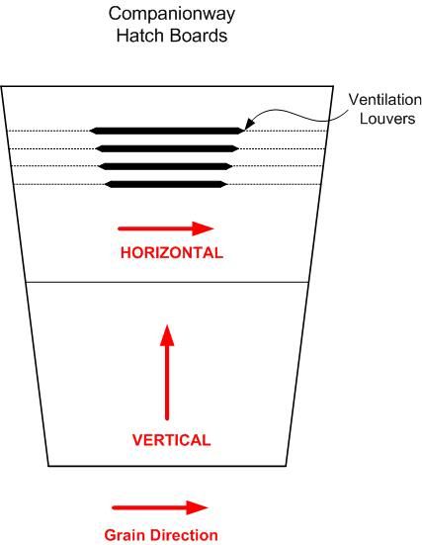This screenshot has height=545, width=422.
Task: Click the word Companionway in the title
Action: (172, 15)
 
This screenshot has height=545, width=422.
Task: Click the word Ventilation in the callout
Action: (384, 100)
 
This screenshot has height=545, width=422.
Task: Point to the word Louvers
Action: (387, 119)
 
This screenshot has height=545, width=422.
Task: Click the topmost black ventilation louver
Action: (167, 131)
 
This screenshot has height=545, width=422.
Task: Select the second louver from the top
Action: (167, 148)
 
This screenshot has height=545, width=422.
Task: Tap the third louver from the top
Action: (166, 166)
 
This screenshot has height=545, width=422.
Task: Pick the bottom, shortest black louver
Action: (166, 184)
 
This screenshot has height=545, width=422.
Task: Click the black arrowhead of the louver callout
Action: (249, 124)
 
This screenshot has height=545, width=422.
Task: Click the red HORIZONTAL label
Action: (172, 252)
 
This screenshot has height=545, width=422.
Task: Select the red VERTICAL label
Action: (172, 440)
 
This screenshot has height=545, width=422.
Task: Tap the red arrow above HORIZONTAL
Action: (166, 228)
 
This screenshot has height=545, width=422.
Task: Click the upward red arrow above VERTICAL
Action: (167, 372)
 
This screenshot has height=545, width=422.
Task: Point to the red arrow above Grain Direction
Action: (160, 507)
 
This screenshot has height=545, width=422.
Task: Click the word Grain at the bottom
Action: (126, 535)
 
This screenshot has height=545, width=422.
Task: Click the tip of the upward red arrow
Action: (167, 325)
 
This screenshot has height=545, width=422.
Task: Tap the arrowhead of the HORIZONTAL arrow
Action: (204, 228)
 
